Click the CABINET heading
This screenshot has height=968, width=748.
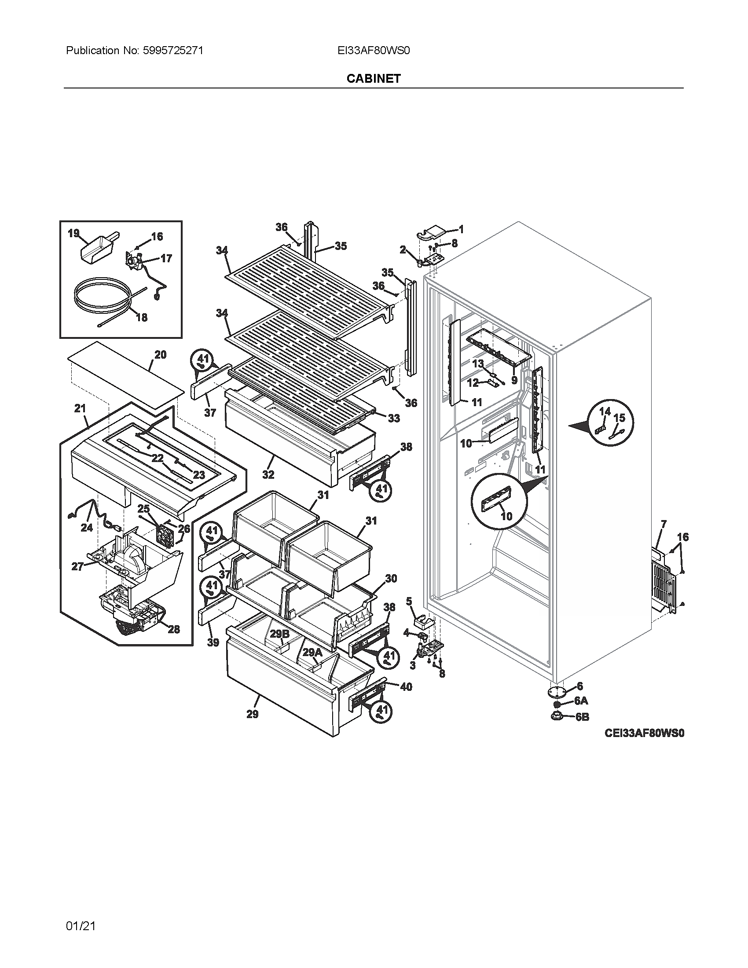tap(374, 78)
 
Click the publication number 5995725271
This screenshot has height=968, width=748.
tap(173, 51)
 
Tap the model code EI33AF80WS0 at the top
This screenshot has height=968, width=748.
tap(374, 51)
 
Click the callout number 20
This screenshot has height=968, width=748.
tap(161, 355)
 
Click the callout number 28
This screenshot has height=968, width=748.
tap(174, 629)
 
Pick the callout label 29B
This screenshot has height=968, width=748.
tap(279, 634)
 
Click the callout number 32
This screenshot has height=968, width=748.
tap(268, 475)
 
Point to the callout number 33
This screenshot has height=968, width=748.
tap(393, 418)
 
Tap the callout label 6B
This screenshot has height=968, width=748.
tap(582, 717)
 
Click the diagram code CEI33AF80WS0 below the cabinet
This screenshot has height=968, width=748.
tap(645, 733)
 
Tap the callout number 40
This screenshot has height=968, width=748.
tap(406, 687)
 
